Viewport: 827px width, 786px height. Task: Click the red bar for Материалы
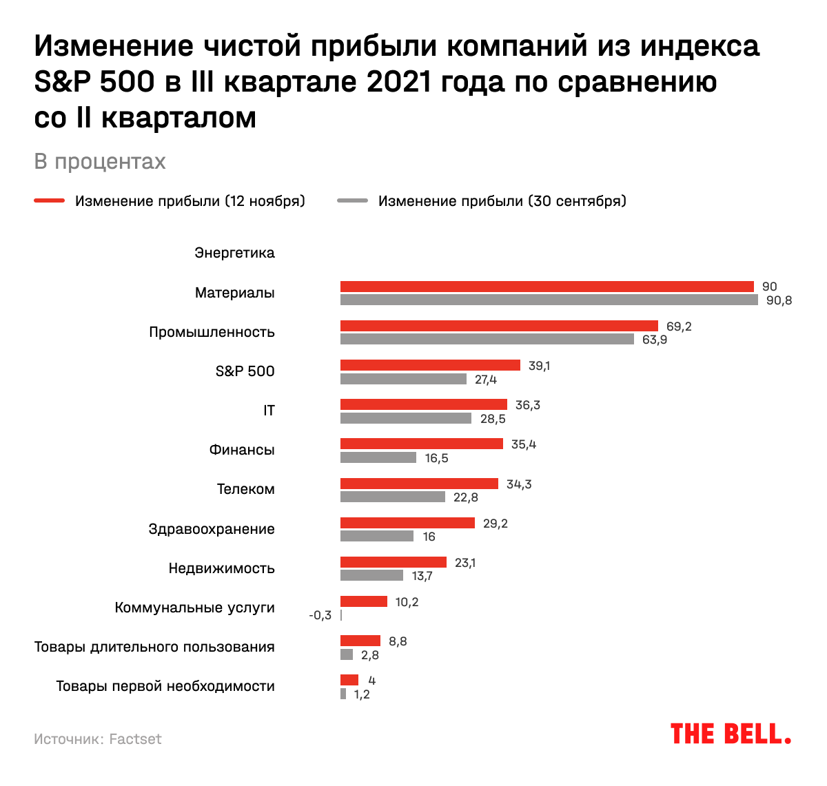pos(547,287)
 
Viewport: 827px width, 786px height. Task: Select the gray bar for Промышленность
pos(487,339)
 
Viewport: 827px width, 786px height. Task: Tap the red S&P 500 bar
pos(430,365)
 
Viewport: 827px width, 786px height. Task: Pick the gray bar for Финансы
pos(378,457)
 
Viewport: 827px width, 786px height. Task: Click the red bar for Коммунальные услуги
pos(364,601)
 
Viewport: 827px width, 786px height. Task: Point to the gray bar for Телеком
pos(393,497)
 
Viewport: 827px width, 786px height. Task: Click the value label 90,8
pos(779,300)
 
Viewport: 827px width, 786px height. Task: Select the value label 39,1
pos(539,366)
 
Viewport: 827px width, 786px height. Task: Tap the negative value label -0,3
pos(320,615)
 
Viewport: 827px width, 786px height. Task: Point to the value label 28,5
pos(493,419)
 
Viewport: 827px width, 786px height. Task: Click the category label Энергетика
pos(234,253)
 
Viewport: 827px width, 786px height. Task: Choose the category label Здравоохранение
pos(212,529)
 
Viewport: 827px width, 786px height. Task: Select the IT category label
pos(269,411)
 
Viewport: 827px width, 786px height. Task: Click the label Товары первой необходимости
pos(165,686)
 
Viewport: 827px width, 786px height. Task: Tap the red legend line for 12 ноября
pos(50,201)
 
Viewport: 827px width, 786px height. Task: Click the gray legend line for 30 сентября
pos(352,201)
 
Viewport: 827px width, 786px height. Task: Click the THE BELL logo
pos(731,734)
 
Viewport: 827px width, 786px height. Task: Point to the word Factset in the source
pos(136,739)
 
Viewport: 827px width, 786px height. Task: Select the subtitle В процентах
pos(100,161)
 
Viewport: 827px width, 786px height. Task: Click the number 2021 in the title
pos(398,82)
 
